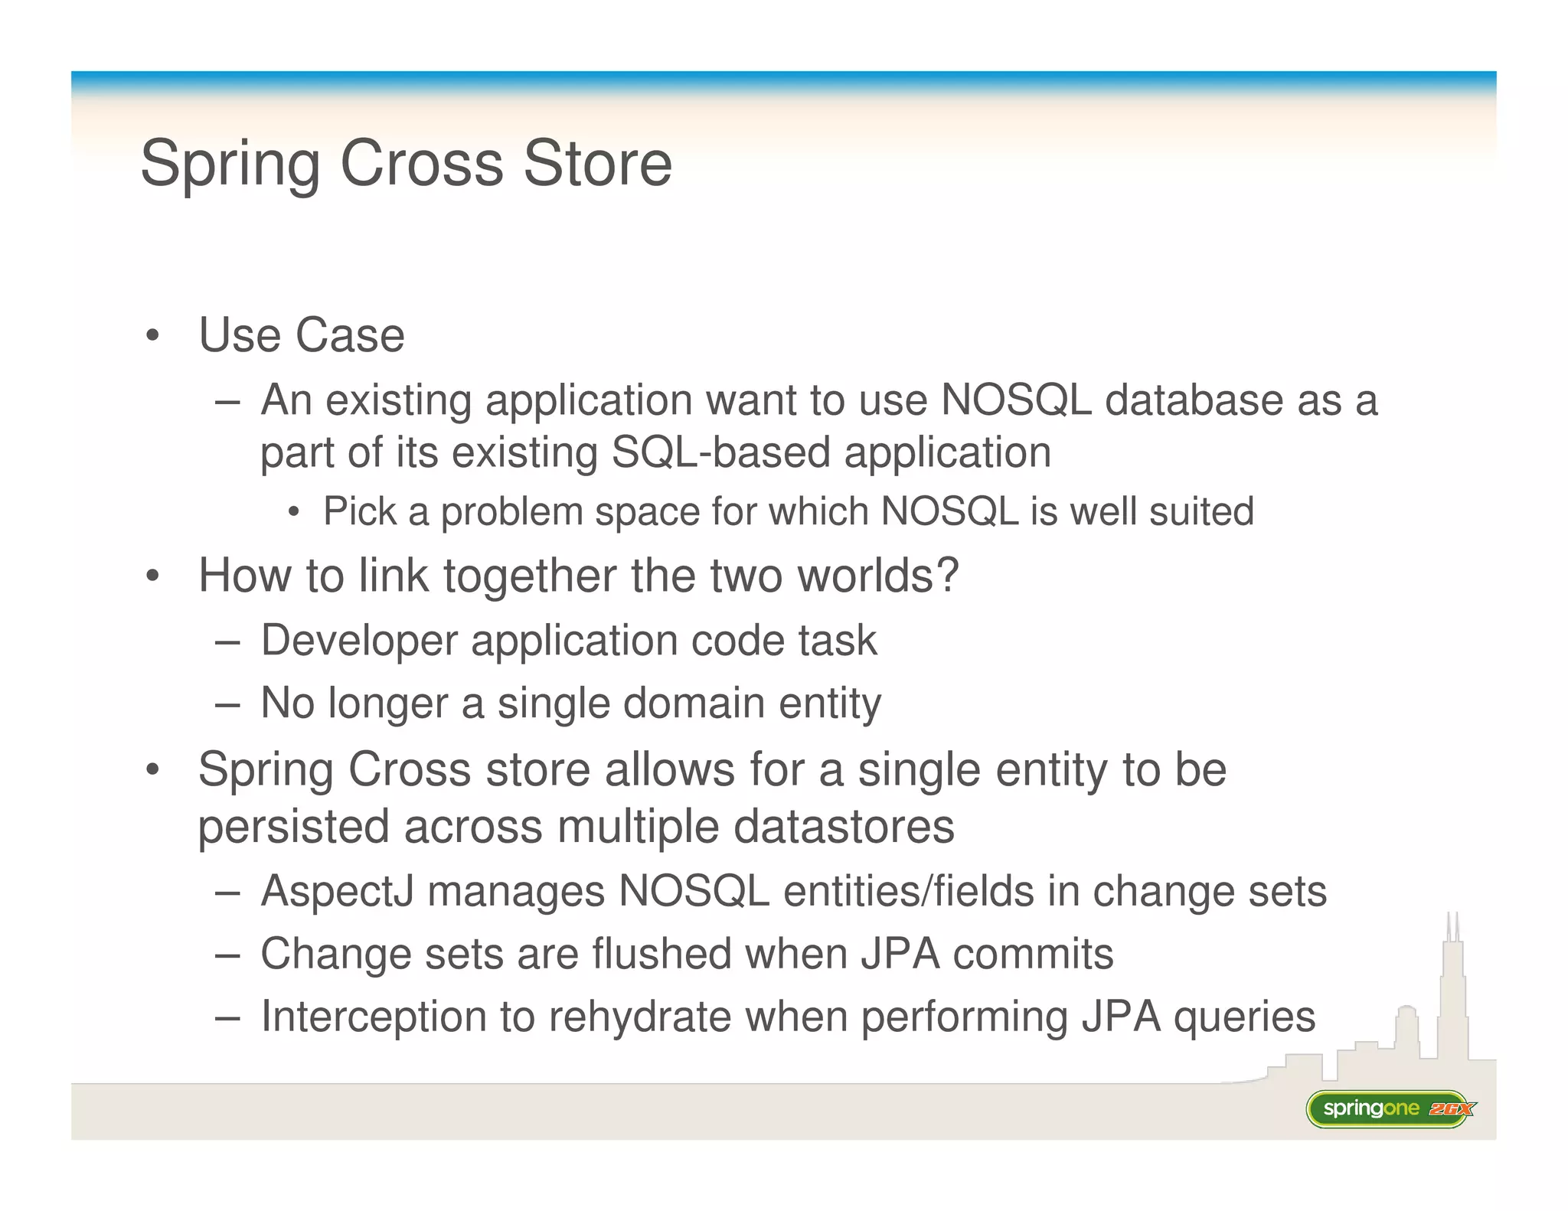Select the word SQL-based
[x=720, y=452]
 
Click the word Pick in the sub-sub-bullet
[x=359, y=511]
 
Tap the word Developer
[x=359, y=640]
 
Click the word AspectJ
[x=337, y=891]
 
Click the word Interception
[x=374, y=1017]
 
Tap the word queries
[x=1244, y=1017]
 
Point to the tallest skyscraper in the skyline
[x=1452, y=995]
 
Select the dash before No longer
[x=227, y=704]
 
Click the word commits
[x=1033, y=954]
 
